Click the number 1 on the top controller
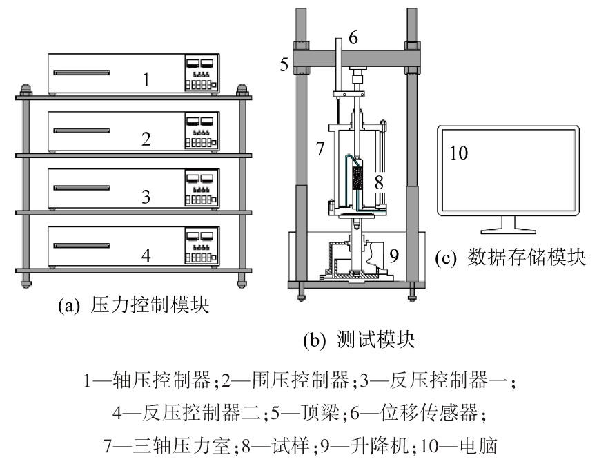tap(146, 80)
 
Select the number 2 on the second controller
tap(146, 139)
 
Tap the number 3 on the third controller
tap(146, 197)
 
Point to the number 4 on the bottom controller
tap(146, 255)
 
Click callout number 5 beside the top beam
tap(284, 65)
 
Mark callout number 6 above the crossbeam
tap(353, 39)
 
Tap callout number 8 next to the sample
tap(378, 182)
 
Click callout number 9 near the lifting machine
tap(394, 255)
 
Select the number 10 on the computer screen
tap(458, 153)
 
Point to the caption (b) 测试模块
tap(358, 340)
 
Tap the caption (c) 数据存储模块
tap(511, 258)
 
